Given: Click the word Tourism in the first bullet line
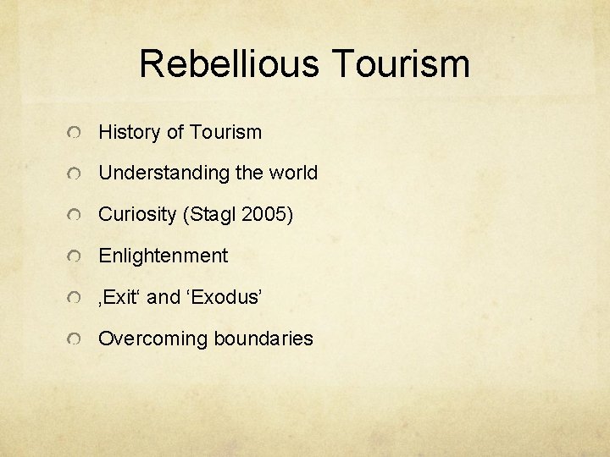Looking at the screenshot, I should pyautogui.click(x=225, y=132).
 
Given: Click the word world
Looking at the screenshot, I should pyautogui.click(x=293, y=173).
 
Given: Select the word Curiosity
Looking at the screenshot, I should pyautogui.click(x=136, y=215).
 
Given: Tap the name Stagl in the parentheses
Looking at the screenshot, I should pyautogui.click(x=211, y=215).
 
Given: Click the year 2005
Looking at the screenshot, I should pyautogui.click(x=267, y=215).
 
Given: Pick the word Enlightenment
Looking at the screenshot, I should pyautogui.click(x=164, y=256).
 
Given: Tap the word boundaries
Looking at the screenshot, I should pyautogui.click(x=263, y=339).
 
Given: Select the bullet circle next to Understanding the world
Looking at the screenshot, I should pyautogui.click(x=76, y=175).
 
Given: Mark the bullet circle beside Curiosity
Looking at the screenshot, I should pyautogui.click(x=76, y=217).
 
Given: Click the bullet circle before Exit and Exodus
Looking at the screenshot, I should pyautogui.click(x=76, y=299).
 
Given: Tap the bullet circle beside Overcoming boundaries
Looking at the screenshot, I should pyautogui.click(x=76, y=340).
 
